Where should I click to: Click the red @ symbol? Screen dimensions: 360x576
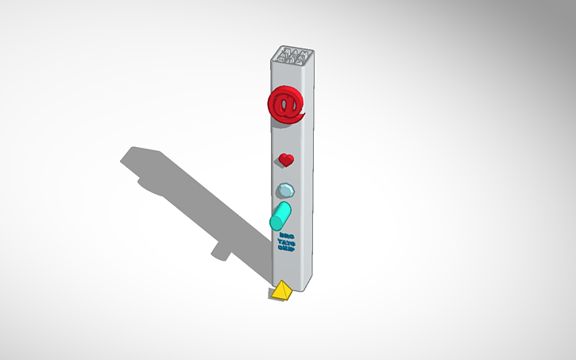[x=286, y=104]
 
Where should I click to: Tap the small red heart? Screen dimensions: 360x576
[x=286, y=160]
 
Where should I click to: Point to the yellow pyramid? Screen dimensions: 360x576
[x=280, y=292]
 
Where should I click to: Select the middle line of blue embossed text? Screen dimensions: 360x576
[x=286, y=241]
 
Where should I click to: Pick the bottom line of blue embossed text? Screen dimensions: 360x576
[x=286, y=248]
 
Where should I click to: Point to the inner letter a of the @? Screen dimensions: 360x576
[x=287, y=103]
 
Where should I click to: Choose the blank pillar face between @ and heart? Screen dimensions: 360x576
[x=287, y=139]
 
